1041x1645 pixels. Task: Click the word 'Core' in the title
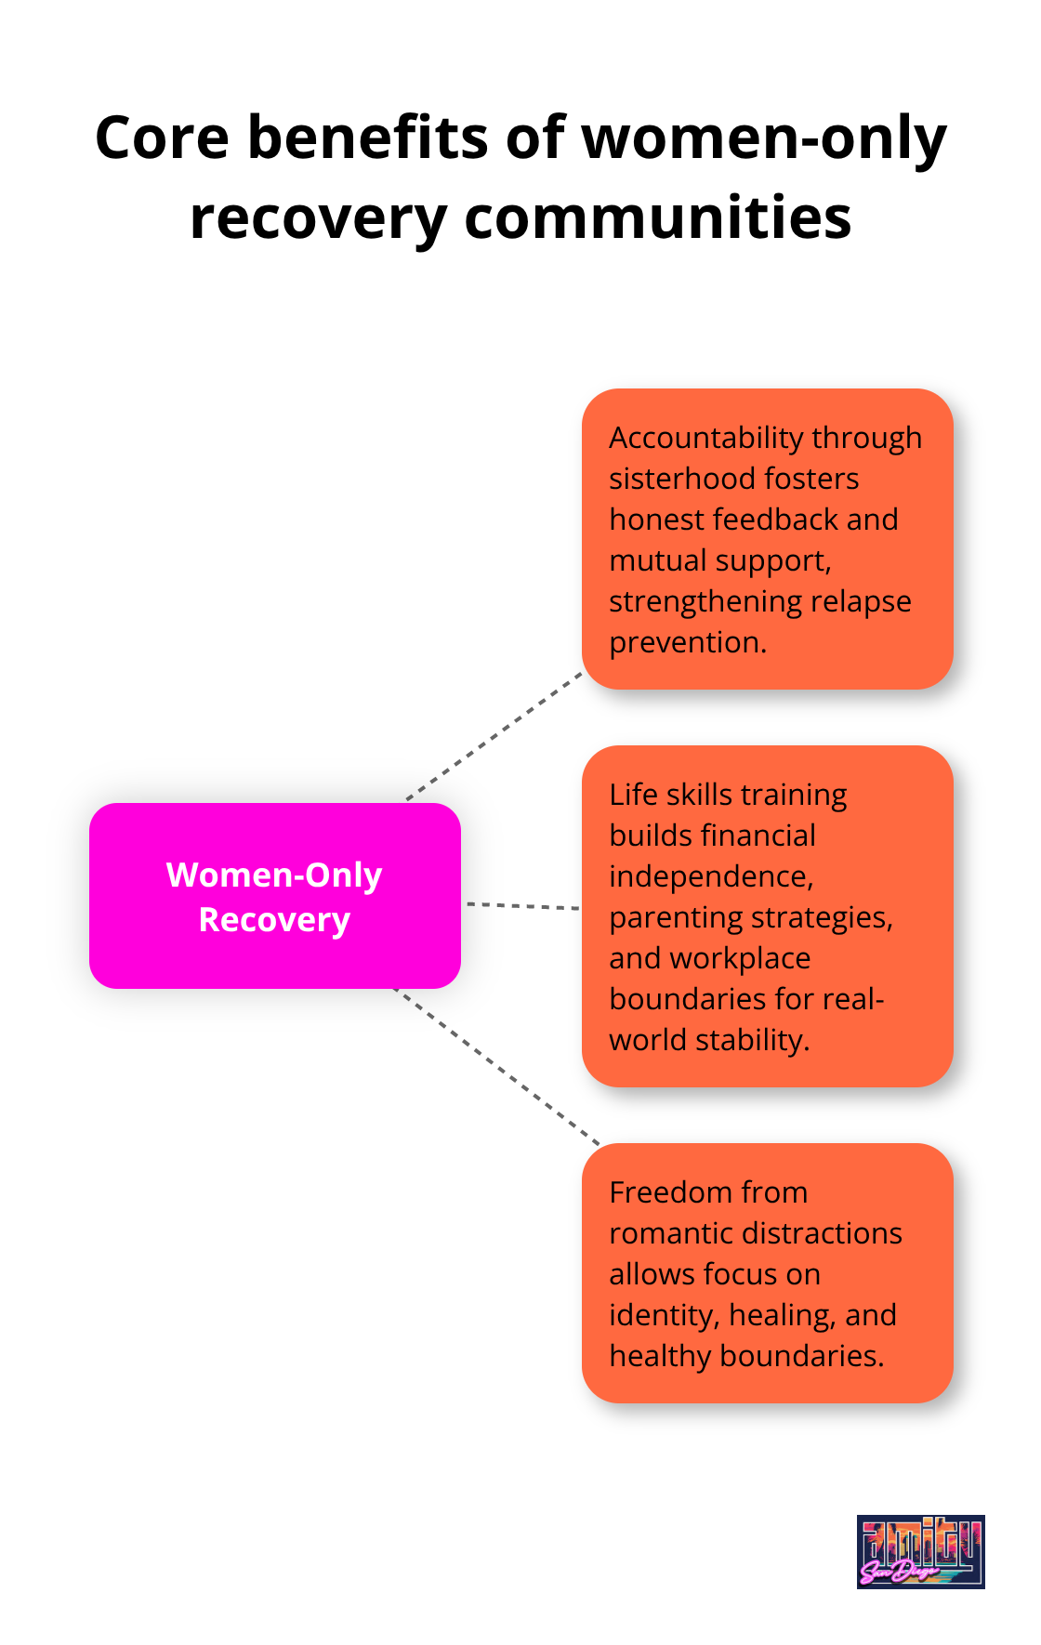pyautogui.click(x=162, y=138)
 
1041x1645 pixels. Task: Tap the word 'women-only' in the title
pyautogui.click(x=764, y=138)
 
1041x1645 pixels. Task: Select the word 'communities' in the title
pyautogui.click(x=657, y=218)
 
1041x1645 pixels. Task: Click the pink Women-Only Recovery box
pyautogui.click(x=274, y=895)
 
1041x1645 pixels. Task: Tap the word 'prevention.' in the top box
pyautogui.click(x=688, y=642)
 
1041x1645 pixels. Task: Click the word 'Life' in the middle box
pyautogui.click(x=630, y=795)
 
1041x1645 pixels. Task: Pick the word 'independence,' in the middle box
pyautogui.click(x=711, y=876)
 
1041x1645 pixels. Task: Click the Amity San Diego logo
pyautogui.click(x=920, y=1551)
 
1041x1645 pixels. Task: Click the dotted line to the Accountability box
pyautogui.click(x=494, y=735)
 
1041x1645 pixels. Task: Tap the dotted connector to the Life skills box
pyautogui.click(x=521, y=905)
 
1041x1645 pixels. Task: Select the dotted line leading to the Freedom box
pyautogui.click(x=497, y=1066)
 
